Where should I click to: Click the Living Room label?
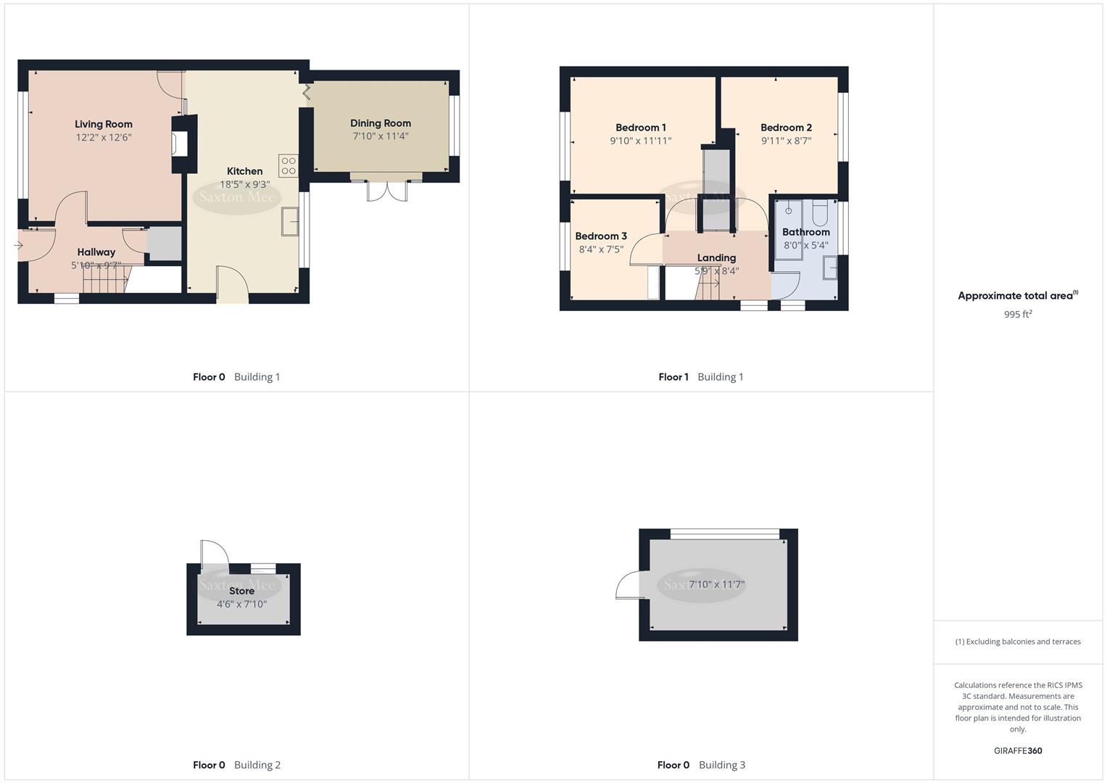[104, 124]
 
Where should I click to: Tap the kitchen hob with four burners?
[288, 166]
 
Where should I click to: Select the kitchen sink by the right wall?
[290, 221]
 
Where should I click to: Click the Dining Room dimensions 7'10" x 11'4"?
[381, 136]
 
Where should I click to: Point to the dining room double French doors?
[387, 190]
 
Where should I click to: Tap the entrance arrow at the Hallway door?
[18, 246]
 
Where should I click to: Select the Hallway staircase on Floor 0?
[105, 280]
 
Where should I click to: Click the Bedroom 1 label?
[641, 128]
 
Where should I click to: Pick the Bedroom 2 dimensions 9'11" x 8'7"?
[786, 141]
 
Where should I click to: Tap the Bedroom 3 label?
[601, 236]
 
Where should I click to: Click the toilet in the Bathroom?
[820, 212]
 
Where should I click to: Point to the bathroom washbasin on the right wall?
[830, 269]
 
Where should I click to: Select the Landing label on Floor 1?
[716, 258]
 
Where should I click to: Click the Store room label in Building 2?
[241, 591]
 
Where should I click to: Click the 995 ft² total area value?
[1018, 314]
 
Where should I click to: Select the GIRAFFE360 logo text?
[1018, 750]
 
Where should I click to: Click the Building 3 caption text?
[721, 765]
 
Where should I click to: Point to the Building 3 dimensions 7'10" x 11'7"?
[716, 584]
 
